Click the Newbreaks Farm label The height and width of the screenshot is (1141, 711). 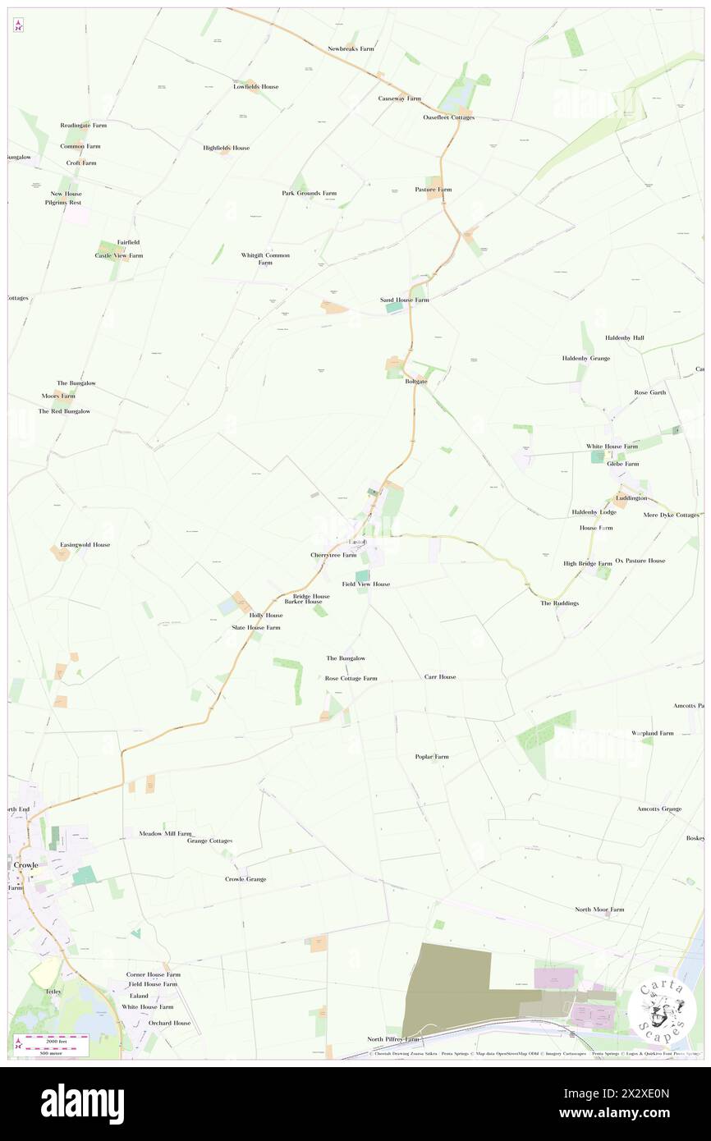(x=351, y=48)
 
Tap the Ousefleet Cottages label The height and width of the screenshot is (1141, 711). (x=449, y=117)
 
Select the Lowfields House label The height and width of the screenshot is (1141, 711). (x=255, y=86)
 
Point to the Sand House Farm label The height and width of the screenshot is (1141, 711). (x=404, y=300)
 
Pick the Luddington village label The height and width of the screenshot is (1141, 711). (x=632, y=497)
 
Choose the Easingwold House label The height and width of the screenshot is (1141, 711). (x=85, y=544)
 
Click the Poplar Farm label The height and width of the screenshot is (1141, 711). (x=432, y=756)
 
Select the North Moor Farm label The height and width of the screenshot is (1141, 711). (x=599, y=910)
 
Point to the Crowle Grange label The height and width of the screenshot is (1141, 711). (x=245, y=879)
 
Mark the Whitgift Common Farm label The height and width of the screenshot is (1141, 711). (x=265, y=259)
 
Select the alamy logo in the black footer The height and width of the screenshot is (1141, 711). (x=82, y=1103)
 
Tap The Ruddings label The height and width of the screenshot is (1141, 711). (x=559, y=603)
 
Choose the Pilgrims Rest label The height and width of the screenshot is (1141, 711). (x=63, y=202)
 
